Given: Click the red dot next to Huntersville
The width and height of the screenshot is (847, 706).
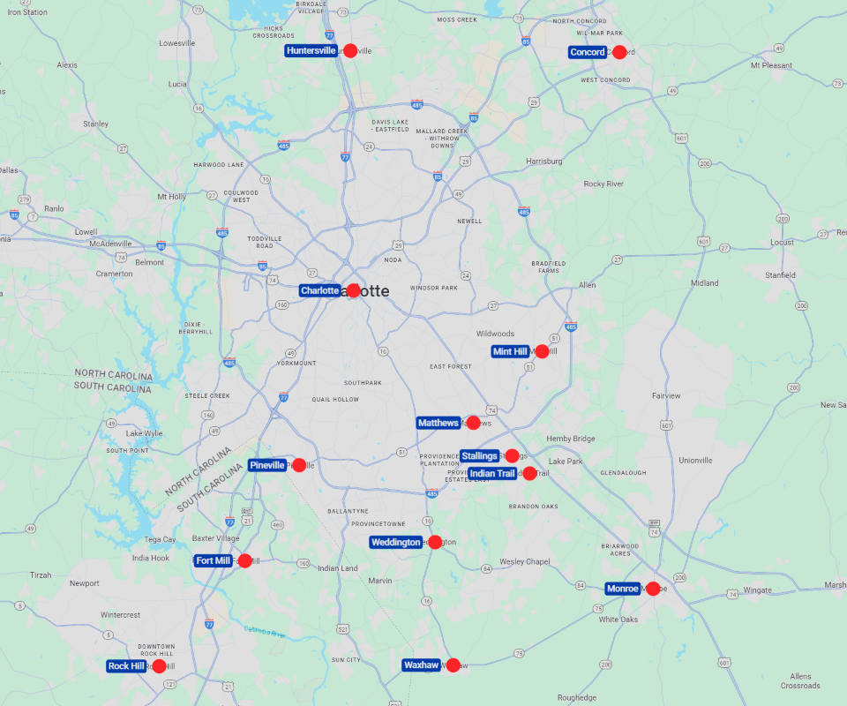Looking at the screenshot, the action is [x=350, y=51].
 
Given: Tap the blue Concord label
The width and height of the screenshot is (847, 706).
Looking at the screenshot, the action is [x=588, y=52].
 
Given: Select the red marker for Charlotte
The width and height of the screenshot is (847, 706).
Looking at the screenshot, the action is [x=353, y=290].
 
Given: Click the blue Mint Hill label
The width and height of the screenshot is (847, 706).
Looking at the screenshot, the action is [x=511, y=351].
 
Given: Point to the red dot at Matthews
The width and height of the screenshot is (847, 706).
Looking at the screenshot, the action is [x=473, y=423].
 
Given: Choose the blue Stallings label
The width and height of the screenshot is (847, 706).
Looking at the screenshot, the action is [x=480, y=456].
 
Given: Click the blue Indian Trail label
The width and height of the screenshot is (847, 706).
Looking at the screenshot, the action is [x=492, y=474].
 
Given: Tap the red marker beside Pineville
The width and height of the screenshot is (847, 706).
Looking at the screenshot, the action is [x=299, y=465].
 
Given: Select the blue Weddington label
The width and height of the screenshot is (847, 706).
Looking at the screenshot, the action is [x=396, y=542].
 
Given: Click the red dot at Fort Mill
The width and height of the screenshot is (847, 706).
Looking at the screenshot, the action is [x=244, y=560].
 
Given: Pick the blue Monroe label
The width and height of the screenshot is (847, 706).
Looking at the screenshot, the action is [x=623, y=589].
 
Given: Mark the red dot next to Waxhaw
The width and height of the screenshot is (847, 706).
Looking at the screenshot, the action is [x=453, y=665].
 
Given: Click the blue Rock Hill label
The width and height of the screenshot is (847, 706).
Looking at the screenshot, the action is [x=126, y=666].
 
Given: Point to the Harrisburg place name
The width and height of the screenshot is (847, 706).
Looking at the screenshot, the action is [x=544, y=161].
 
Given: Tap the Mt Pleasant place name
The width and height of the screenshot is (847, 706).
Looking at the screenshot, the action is [x=771, y=65].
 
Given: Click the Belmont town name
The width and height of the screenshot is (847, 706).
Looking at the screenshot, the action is [x=150, y=262].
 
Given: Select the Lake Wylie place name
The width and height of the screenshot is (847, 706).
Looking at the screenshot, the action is [x=145, y=433].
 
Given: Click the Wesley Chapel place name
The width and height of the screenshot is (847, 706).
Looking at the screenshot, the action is [x=525, y=561].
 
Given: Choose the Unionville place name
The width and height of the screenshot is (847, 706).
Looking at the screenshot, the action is [x=695, y=461].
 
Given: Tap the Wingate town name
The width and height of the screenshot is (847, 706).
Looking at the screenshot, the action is [x=757, y=590].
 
